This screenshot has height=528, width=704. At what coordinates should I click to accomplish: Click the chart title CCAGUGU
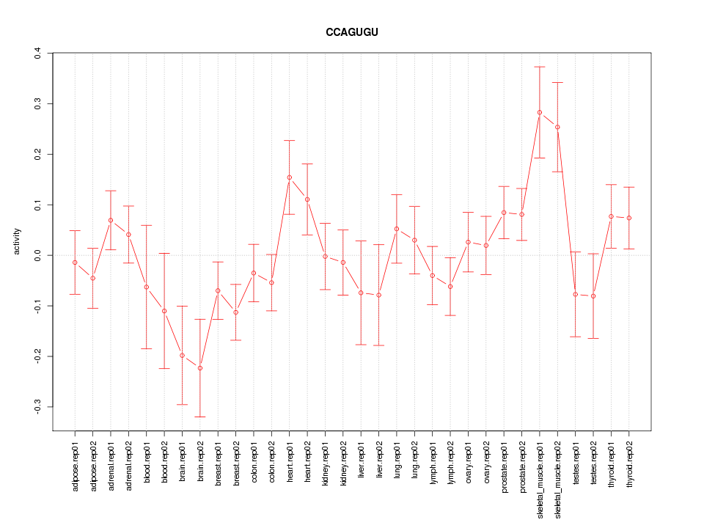(352, 32)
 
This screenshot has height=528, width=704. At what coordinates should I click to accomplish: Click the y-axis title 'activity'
(17, 241)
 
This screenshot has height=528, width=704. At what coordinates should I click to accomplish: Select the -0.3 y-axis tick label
(37, 407)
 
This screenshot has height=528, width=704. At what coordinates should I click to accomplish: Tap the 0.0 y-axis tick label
(37, 255)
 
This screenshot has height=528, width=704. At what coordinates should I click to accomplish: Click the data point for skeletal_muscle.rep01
(540, 112)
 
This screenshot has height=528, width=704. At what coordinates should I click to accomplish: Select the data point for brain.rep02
(200, 368)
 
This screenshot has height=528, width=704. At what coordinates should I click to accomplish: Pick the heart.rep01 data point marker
(290, 177)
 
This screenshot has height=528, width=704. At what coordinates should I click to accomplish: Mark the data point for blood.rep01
(147, 287)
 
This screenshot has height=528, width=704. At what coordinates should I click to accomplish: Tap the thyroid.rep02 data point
(629, 218)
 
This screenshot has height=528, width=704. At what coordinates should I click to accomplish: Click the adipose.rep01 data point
(75, 263)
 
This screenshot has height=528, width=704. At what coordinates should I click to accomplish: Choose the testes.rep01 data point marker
(576, 294)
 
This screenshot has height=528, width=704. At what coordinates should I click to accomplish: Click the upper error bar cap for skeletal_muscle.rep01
(540, 67)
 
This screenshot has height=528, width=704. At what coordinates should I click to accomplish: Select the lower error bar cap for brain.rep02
(200, 417)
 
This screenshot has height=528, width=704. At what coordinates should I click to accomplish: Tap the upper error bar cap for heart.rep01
(290, 140)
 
